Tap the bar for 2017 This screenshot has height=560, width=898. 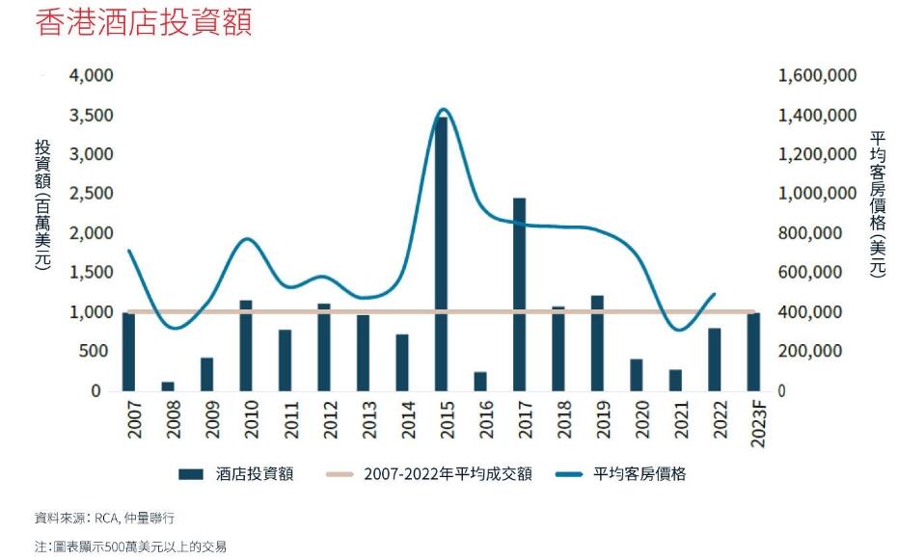[x=519, y=294]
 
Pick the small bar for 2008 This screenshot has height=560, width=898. [x=168, y=386]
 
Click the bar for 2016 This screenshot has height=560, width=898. [x=480, y=382]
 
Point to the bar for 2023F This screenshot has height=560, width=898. [x=753, y=352]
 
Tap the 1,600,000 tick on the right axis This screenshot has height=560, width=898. [x=817, y=75]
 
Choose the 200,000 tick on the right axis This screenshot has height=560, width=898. [x=821, y=352]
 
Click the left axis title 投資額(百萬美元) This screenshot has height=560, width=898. [x=42, y=205]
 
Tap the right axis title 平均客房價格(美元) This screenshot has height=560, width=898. [x=877, y=205]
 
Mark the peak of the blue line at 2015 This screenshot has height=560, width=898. [x=443, y=110]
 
